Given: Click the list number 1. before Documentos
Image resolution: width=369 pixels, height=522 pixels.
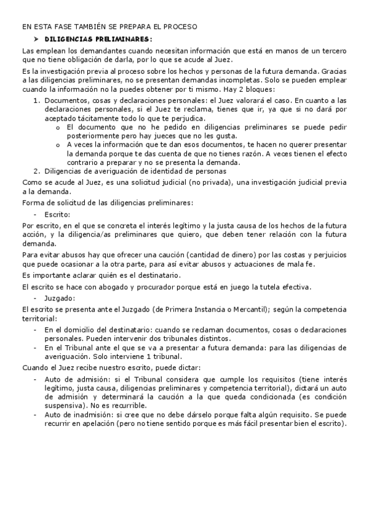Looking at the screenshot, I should [36, 100].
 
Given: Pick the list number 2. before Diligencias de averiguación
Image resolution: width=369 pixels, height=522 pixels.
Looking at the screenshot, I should [36, 171].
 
